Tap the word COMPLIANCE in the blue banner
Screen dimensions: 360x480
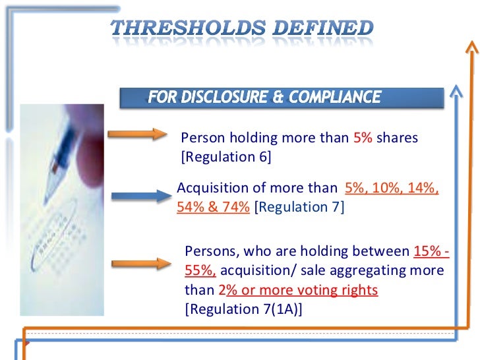(x=328, y=98)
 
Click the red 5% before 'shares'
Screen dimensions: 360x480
(x=363, y=138)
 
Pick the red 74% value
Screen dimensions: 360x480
(x=236, y=206)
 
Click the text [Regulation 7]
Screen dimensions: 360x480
(x=299, y=206)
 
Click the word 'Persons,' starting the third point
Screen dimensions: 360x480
(x=208, y=251)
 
